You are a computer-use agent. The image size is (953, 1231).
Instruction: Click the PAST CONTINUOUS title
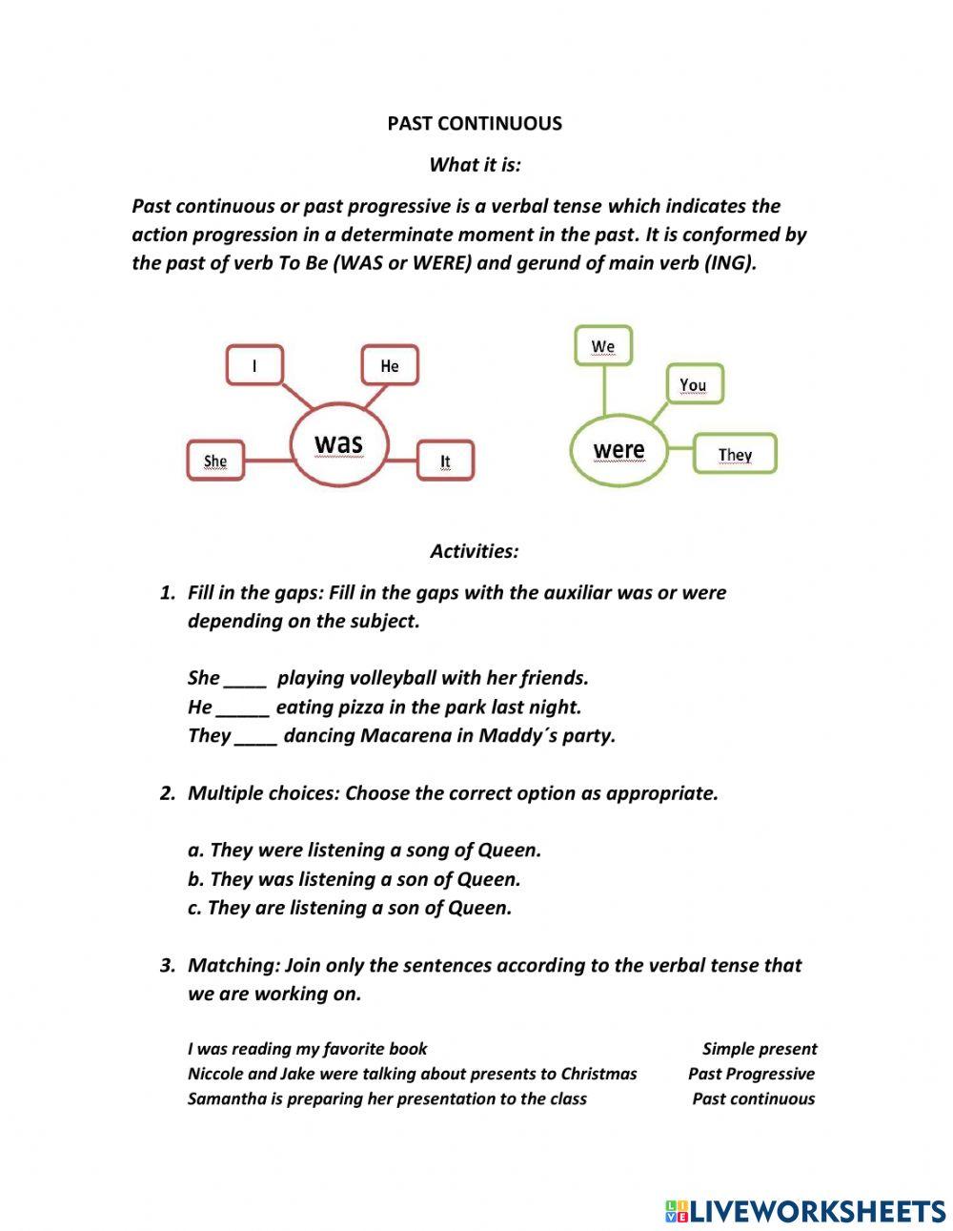(x=475, y=123)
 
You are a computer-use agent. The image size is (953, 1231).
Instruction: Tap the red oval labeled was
(x=338, y=443)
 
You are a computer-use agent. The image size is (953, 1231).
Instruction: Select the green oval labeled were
(x=618, y=449)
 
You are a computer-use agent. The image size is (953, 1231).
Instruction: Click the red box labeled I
(x=254, y=365)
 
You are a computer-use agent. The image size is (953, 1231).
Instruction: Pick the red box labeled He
(x=390, y=366)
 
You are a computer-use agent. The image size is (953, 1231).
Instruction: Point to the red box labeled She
(x=215, y=462)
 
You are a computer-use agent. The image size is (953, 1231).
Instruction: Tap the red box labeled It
(x=445, y=462)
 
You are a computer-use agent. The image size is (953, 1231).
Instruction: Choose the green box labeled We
(x=603, y=346)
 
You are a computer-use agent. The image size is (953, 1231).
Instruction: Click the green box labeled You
(x=693, y=385)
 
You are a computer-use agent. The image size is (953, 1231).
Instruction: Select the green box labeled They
(x=735, y=454)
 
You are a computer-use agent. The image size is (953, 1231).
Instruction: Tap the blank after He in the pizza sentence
(x=243, y=708)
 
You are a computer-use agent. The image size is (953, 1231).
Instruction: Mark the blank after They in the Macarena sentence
(x=255, y=736)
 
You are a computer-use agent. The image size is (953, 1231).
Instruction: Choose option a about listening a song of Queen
(x=364, y=850)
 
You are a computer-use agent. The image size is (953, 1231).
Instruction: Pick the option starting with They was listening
(x=354, y=879)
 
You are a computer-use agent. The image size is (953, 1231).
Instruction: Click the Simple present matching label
(x=760, y=1049)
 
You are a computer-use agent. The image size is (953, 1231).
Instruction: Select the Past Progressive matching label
(x=751, y=1074)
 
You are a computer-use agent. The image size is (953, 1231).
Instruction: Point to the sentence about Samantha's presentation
(x=387, y=1098)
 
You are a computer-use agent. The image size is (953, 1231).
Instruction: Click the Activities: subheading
(x=474, y=551)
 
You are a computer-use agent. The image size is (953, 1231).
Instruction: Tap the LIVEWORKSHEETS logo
(x=805, y=1211)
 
